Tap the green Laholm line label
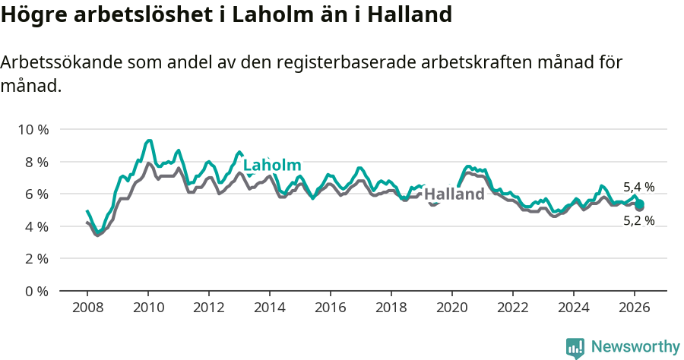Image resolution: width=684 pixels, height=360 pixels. click(272, 166)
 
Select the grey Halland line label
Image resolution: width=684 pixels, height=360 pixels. click(454, 194)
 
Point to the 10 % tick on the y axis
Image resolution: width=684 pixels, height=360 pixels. click(33, 130)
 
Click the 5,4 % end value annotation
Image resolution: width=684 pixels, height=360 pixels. click(638, 187)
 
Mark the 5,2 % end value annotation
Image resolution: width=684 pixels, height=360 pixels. click(638, 221)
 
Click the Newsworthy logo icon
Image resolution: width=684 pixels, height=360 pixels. click(575, 348)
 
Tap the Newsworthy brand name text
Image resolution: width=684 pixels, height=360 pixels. click(635, 347)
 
